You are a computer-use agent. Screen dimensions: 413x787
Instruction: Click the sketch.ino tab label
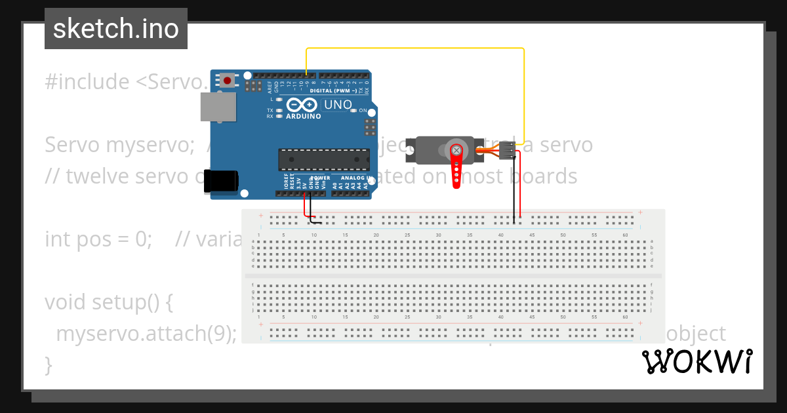[116, 29]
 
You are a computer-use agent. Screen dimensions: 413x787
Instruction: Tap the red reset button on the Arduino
[227, 81]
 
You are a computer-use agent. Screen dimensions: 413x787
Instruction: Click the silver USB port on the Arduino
[218, 106]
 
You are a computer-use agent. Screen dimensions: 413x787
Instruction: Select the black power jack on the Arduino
[220, 181]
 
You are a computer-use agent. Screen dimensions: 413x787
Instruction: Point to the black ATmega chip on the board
[324, 159]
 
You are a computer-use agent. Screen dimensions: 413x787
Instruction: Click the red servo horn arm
[456, 167]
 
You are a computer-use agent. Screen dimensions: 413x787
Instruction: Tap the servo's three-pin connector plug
[507, 150]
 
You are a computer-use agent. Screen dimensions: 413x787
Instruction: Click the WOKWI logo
[697, 361]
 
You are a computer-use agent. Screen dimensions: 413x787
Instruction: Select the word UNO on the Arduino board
[338, 105]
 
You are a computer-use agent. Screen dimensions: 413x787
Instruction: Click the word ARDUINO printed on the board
[304, 117]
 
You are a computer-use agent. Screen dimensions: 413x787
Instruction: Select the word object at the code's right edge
[695, 334]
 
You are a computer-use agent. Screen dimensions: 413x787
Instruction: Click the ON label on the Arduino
[362, 111]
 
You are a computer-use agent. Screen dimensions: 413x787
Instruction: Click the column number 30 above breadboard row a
[438, 235]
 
